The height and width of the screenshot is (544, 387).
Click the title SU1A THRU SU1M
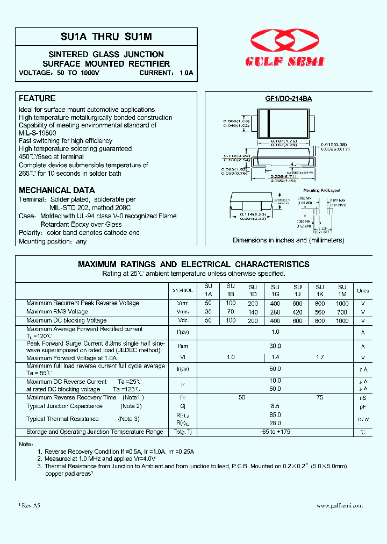point(106,36)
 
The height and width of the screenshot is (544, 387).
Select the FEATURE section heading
point(37,98)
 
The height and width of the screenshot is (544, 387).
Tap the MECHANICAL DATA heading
point(56,190)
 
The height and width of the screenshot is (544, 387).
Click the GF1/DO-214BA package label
point(289,99)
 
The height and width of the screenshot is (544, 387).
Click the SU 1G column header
point(275,291)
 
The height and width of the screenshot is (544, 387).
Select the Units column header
point(363,291)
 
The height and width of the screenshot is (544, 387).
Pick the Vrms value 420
point(298,312)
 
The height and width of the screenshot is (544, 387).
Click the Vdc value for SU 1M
point(342,320)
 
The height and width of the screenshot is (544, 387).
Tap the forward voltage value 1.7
point(320,357)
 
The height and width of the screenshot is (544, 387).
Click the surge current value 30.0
point(275,347)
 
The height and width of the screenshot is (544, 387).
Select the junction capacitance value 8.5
point(275,406)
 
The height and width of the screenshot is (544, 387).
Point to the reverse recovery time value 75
point(320,397)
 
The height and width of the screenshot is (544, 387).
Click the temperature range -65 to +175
point(275,432)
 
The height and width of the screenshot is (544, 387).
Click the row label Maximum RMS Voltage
point(57,312)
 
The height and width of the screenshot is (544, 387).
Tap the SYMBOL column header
point(182,291)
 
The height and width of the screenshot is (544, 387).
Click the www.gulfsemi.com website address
point(340,506)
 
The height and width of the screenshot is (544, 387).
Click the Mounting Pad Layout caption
point(321,191)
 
